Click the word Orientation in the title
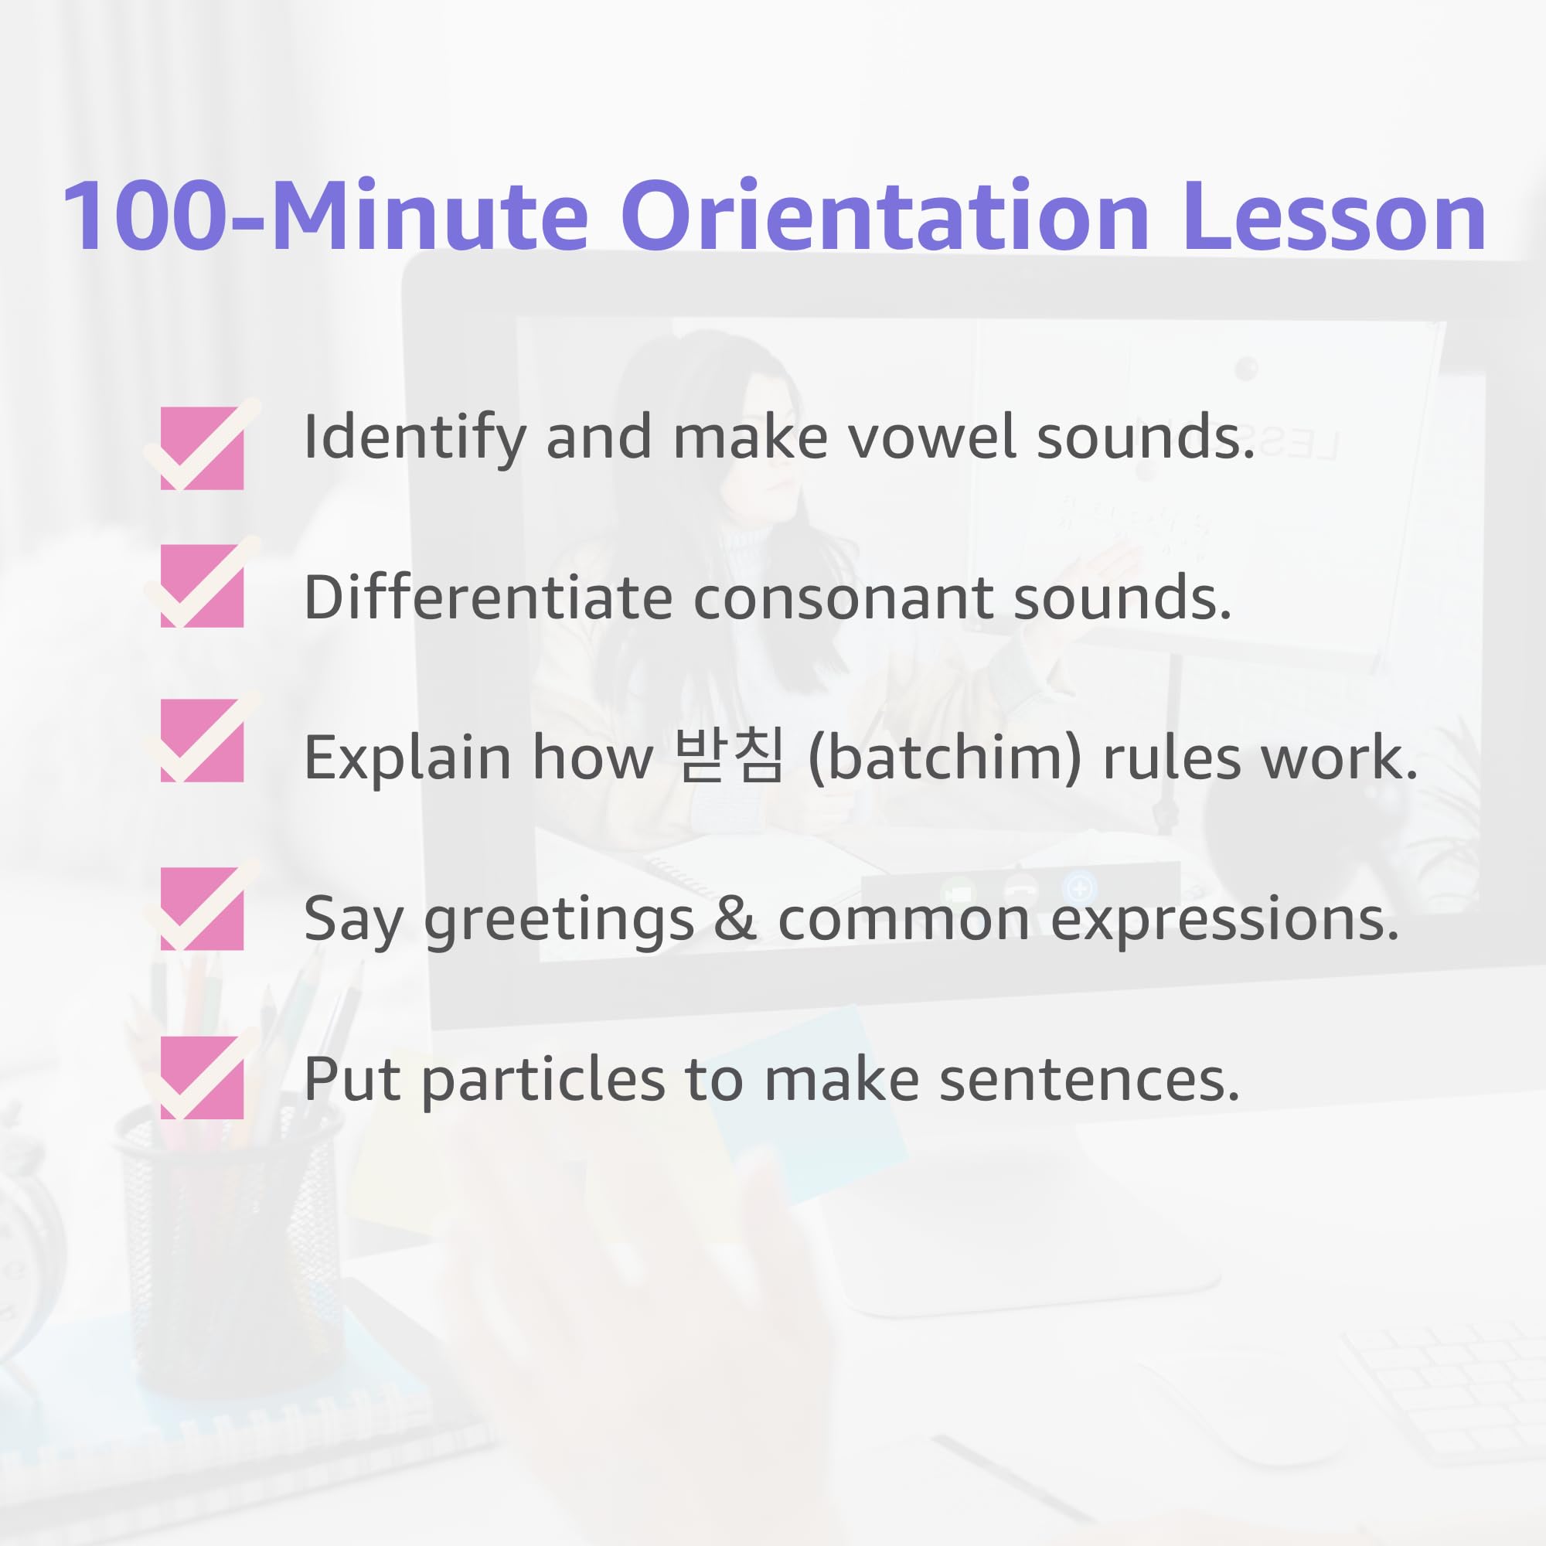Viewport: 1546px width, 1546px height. (885, 216)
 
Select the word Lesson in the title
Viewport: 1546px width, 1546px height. (1335, 216)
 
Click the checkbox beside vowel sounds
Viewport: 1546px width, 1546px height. (202, 448)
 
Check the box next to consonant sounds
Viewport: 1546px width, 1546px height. (202, 586)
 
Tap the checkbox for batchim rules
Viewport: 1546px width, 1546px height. (202, 741)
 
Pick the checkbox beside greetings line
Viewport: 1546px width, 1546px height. (202, 908)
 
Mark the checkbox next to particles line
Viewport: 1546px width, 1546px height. (202, 1077)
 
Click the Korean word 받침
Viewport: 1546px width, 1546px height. (729, 756)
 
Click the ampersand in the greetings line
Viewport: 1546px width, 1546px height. (735, 918)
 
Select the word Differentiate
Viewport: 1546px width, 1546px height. (488, 598)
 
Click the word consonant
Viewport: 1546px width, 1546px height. (843, 599)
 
